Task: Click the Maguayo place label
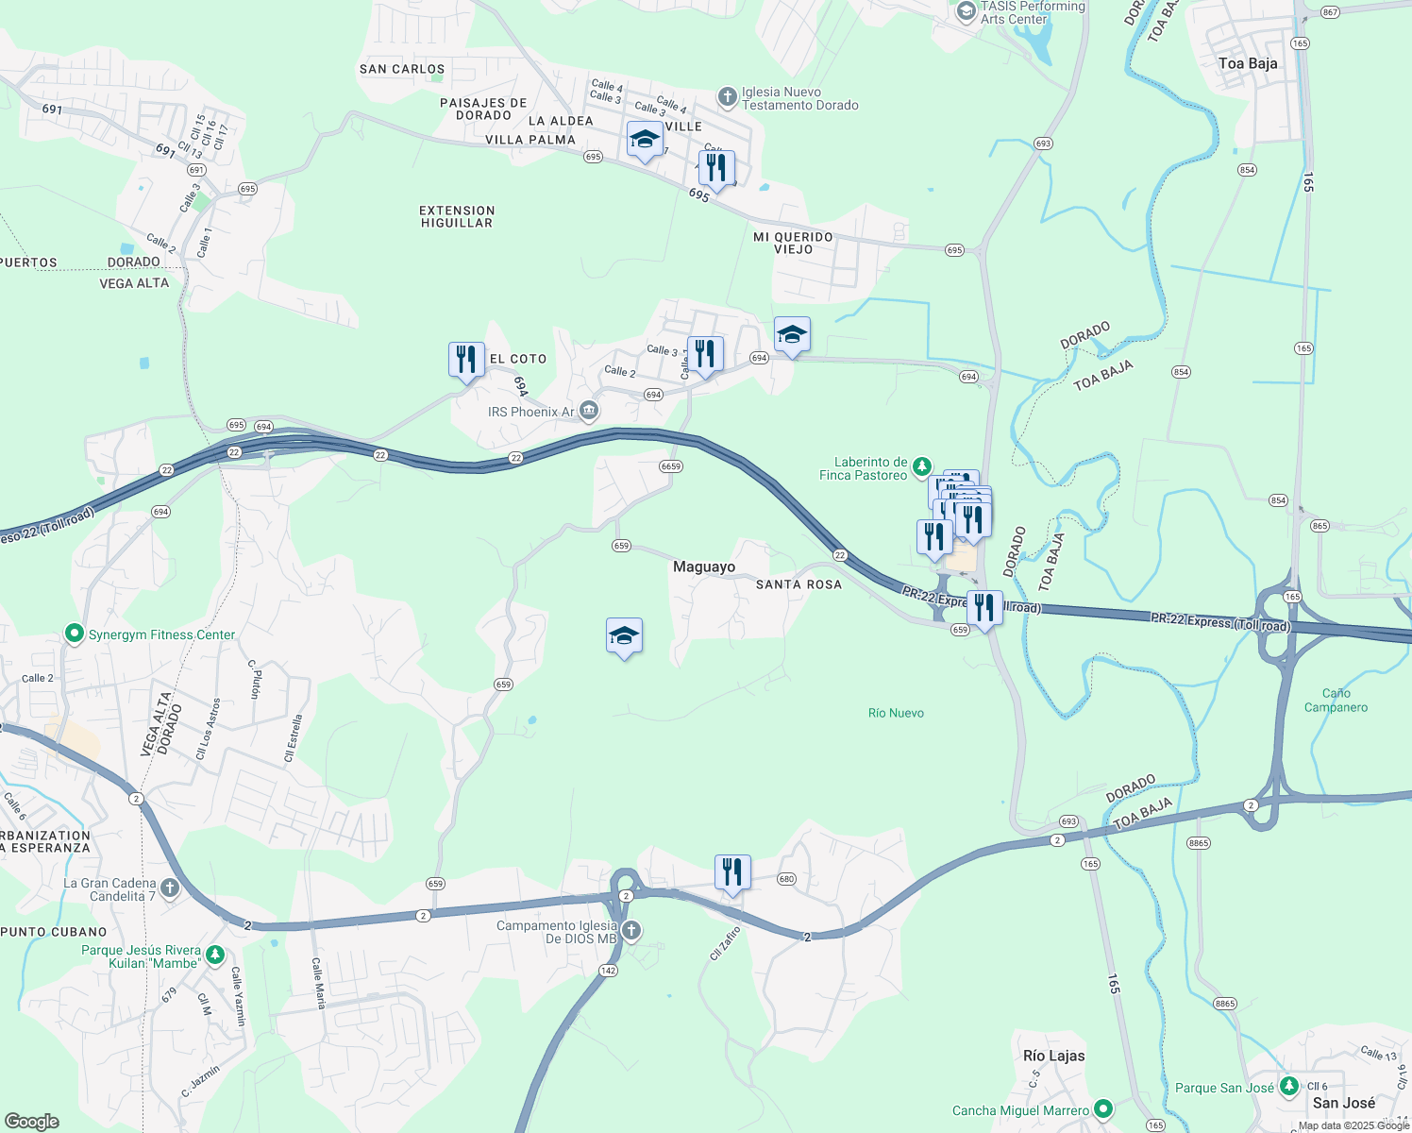[704, 566]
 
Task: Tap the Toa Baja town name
[1248, 63]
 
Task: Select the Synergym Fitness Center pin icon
[75, 634]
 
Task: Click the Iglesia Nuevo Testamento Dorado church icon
[727, 96]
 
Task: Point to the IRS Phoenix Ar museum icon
[589, 411]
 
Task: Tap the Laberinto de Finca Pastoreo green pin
[922, 466]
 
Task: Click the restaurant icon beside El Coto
[466, 360]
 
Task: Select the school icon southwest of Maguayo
[624, 636]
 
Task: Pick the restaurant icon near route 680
[732, 872]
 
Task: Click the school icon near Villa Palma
[644, 140]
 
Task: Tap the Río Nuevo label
[896, 713]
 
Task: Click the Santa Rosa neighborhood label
[798, 584]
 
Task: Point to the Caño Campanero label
[1336, 700]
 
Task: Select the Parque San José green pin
[1289, 1087]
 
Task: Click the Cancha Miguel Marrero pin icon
[1103, 1109]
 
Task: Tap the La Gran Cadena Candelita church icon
[170, 888]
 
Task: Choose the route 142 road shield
[608, 971]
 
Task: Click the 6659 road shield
[671, 466]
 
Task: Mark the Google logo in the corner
[32, 1122]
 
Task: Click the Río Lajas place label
[1053, 1056]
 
